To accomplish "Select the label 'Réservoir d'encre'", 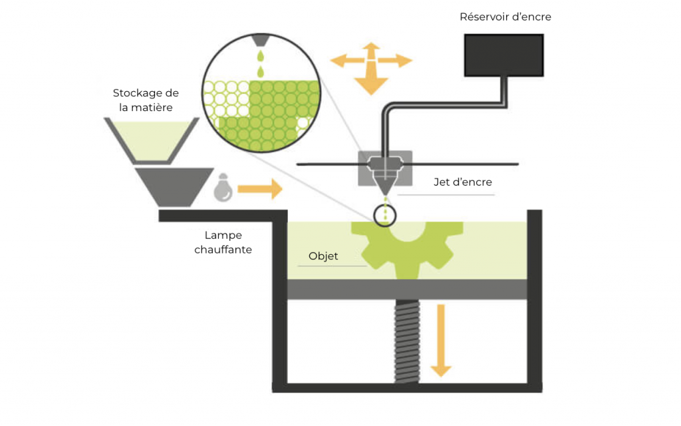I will pos(505,17).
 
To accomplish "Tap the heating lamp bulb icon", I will pos(223,188).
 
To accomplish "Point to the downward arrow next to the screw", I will pos(440,339).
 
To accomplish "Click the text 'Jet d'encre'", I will pos(462,181).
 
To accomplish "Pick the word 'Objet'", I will pos(323,256).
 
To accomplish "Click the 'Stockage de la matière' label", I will pos(146,100).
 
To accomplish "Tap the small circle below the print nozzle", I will pos(384,214).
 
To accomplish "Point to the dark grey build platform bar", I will pos(406,289).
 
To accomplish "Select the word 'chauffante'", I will pos(223,250).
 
